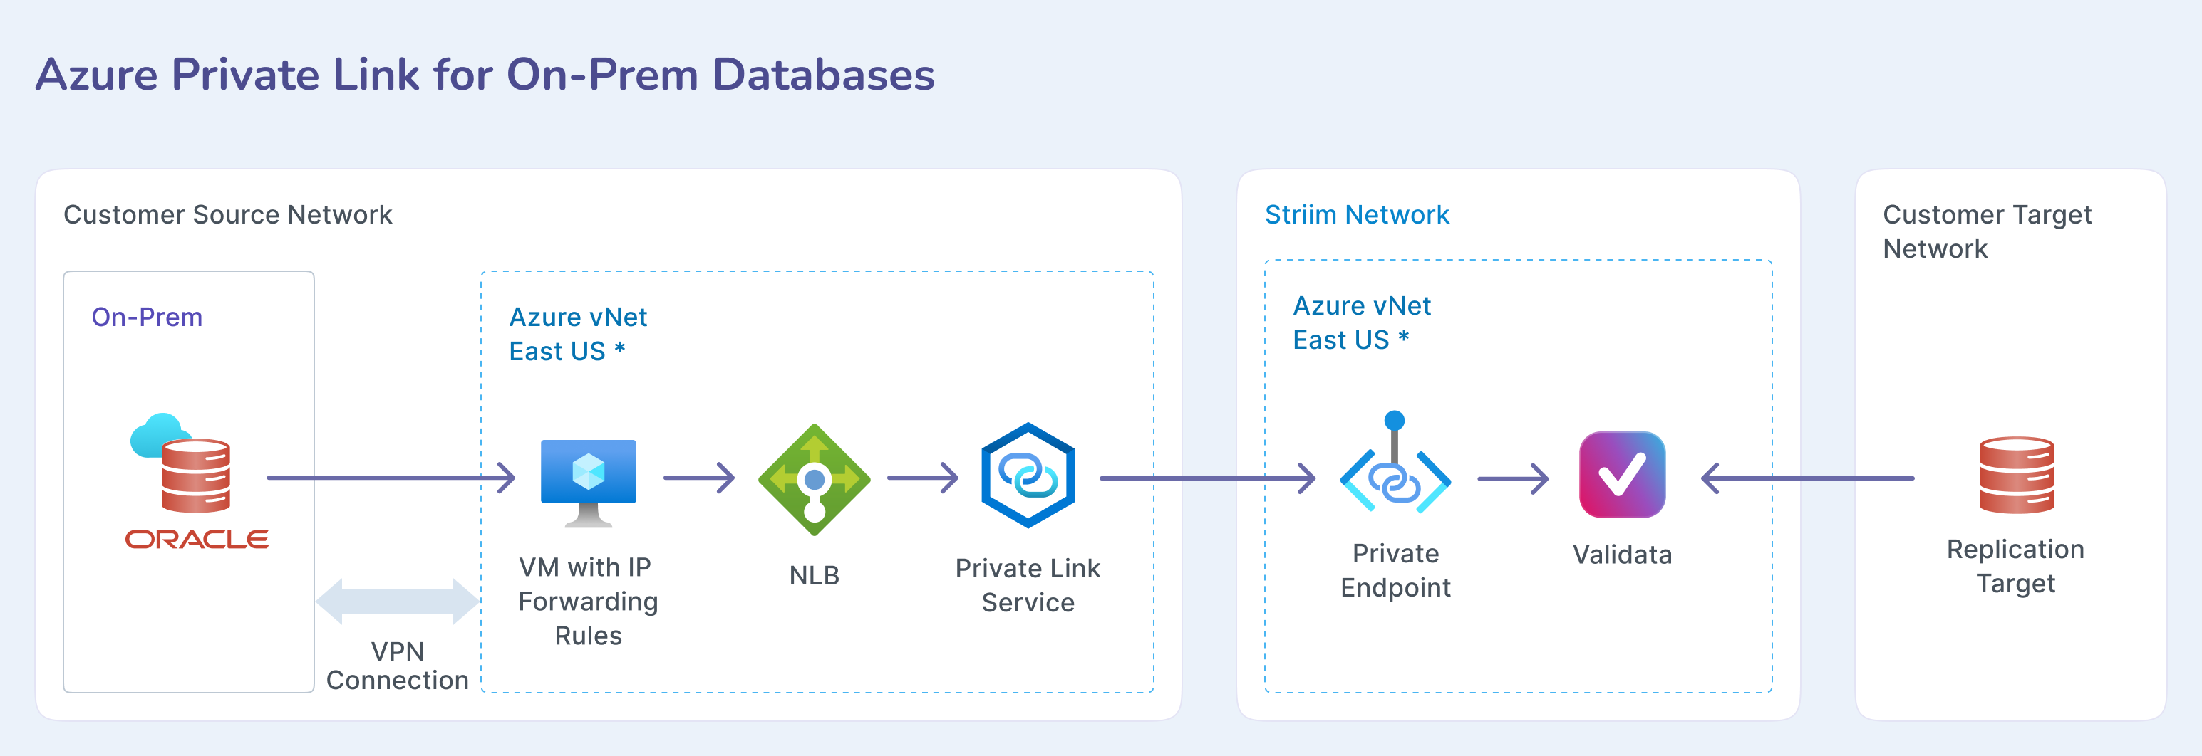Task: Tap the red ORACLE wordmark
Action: tap(197, 539)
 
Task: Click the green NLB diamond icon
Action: tap(814, 479)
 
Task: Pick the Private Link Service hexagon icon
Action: tap(1028, 475)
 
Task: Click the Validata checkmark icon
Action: tap(1622, 475)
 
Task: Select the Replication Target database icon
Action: tap(2017, 475)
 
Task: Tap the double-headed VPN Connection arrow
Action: tap(398, 602)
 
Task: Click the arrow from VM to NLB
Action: tap(699, 478)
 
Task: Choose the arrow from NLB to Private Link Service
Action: tap(923, 478)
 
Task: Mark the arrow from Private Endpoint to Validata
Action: tap(1513, 478)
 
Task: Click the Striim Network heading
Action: tap(1357, 214)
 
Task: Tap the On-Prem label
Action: tap(147, 317)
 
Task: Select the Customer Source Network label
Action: tap(227, 214)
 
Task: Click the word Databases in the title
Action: tap(823, 75)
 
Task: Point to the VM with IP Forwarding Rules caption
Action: tap(588, 602)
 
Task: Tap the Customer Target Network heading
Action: tap(1986, 231)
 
